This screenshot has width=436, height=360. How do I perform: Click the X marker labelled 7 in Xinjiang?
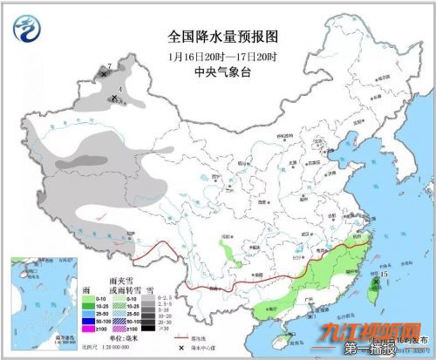[105, 75]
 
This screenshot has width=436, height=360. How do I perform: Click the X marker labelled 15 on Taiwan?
[376, 282]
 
